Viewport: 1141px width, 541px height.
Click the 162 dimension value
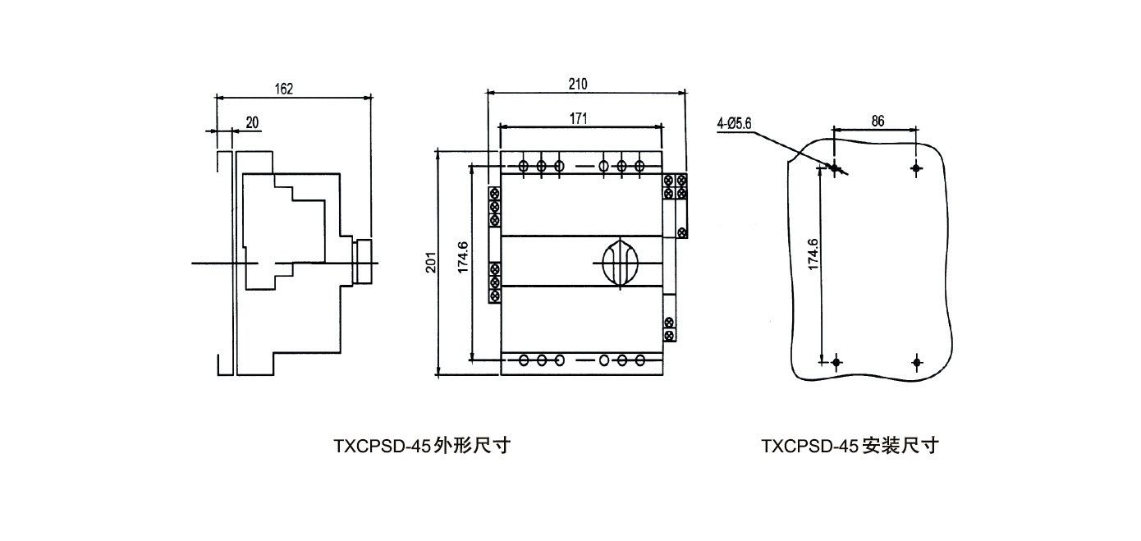pyautogui.click(x=284, y=89)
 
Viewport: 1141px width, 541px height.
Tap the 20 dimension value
pyautogui.click(x=252, y=123)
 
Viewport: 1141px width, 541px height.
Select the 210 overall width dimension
pyautogui.click(x=578, y=84)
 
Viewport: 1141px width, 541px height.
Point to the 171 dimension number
pyautogui.click(x=578, y=119)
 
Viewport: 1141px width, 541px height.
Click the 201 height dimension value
pyautogui.click(x=431, y=263)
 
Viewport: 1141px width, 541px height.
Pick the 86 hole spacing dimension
pyautogui.click(x=878, y=121)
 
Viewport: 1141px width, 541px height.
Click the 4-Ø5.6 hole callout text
pyautogui.click(x=734, y=123)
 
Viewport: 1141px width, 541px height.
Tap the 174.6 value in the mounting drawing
pyautogui.click(x=813, y=254)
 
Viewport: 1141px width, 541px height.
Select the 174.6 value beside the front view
pyautogui.click(x=462, y=257)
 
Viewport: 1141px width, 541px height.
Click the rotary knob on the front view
pyautogui.click(x=620, y=263)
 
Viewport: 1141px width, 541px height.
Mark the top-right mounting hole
pyautogui.click(x=916, y=167)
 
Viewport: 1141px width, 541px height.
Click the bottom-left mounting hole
pyautogui.click(x=836, y=362)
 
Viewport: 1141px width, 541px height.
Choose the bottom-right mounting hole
pyautogui.click(x=917, y=362)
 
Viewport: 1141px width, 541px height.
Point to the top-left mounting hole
pyautogui.click(x=835, y=167)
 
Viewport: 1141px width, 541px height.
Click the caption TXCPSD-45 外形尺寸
pyautogui.click(x=422, y=446)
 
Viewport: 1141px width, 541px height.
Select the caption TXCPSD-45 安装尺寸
pyautogui.click(x=850, y=446)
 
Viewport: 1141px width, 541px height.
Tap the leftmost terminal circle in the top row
pyautogui.click(x=523, y=166)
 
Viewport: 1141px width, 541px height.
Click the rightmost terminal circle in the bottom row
pyautogui.click(x=639, y=360)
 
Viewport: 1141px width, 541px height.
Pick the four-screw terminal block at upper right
pyautogui.click(x=675, y=186)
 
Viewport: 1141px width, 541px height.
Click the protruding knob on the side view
pyautogui.click(x=362, y=261)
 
